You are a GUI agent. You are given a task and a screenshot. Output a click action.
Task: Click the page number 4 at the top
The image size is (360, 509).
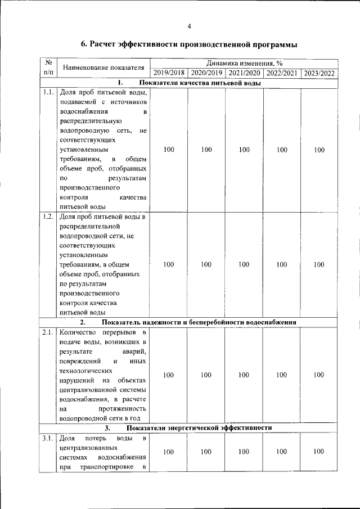[189, 26]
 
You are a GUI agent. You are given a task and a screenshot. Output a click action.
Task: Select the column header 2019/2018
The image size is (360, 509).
[169, 73]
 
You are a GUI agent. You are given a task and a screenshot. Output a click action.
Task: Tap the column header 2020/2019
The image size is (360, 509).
[206, 73]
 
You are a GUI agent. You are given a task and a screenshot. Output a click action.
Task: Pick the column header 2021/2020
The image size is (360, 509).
[244, 73]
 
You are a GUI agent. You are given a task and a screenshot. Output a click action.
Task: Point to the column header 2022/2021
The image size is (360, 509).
[282, 73]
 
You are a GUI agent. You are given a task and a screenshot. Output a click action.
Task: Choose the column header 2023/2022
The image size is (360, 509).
[319, 73]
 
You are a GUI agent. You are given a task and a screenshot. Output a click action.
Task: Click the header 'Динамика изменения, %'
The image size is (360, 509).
[244, 64]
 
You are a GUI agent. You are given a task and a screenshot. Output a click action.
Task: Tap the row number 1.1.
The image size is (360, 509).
[48, 92]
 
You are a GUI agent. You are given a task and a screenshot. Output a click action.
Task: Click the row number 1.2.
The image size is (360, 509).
[48, 217]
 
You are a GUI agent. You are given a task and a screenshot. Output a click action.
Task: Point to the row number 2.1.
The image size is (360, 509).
[48, 332]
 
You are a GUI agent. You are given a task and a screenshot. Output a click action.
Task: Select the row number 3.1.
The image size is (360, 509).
[48, 438]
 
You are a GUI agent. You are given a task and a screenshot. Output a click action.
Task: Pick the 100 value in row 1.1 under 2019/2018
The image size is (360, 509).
[169, 150]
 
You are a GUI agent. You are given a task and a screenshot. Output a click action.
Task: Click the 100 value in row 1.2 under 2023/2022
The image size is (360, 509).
[319, 264]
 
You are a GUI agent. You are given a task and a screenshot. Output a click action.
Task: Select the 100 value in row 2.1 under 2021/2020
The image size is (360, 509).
[244, 375]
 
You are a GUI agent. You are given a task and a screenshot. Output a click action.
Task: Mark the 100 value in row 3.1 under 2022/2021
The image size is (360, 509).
[282, 452]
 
